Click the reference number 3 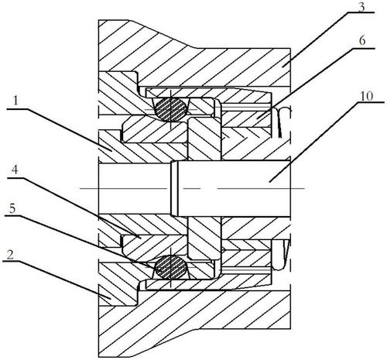[361, 7]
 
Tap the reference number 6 [362, 41]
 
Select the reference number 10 [367, 96]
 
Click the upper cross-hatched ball [170, 109]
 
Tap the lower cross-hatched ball [170, 267]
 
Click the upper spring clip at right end [283, 122]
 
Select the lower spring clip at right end [282, 255]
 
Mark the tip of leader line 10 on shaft [269, 182]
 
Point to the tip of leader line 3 [282, 67]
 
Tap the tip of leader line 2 [111, 299]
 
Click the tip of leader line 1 [111, 151]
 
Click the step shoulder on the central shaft [174, 188]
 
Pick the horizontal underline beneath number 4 [16, 178]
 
